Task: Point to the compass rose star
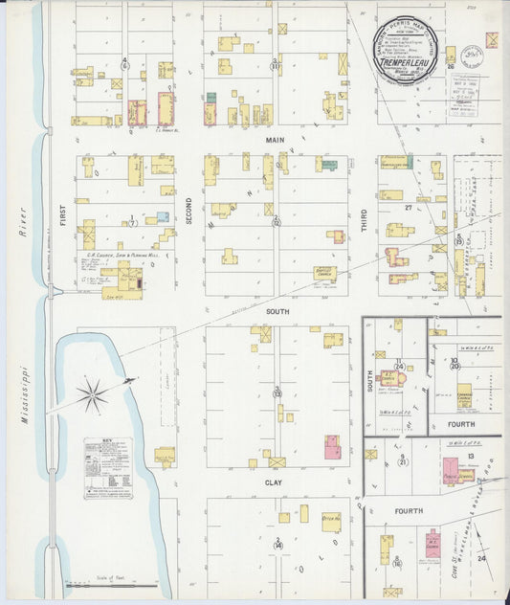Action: tap(93, 392)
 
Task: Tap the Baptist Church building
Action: tap(325, 273)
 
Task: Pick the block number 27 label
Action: tap(407, 206)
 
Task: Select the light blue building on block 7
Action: tap(163, 216)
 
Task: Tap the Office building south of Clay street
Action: tap(332, 521)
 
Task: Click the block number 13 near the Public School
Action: tap(472, 457)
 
